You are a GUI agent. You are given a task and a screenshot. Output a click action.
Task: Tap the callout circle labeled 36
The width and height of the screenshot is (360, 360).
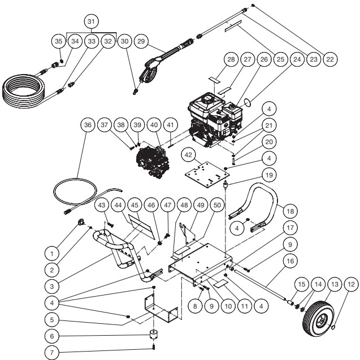[86, 125]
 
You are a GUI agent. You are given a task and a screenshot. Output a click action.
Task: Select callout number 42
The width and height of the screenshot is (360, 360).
[189, 154]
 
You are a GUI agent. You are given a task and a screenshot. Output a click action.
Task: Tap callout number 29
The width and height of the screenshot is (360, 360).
[141, 41]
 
